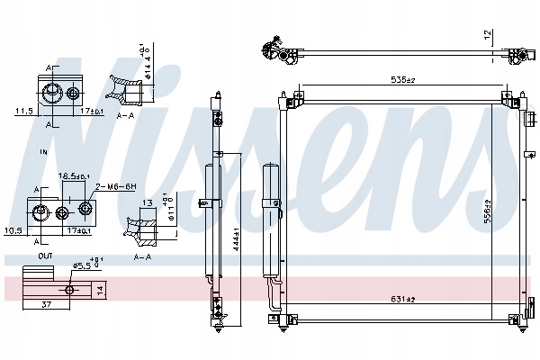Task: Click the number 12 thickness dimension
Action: [486, 35]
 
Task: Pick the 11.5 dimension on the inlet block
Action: [24, 111]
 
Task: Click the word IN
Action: [43, 153]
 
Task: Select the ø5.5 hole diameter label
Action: [83, 265]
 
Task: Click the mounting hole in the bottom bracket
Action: [70, 289]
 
